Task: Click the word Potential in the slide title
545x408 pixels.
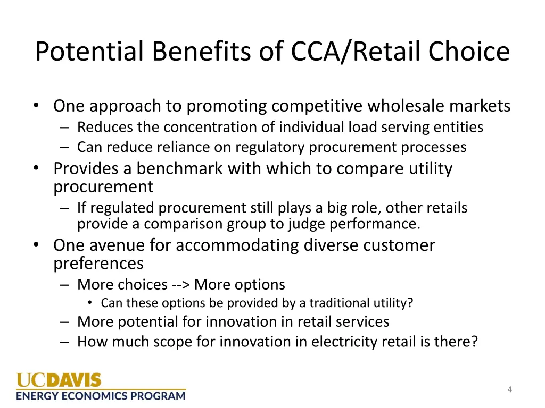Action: tap(90, 52)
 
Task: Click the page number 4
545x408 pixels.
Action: tap(510, 390)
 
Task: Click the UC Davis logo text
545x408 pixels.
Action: tap(59, 380)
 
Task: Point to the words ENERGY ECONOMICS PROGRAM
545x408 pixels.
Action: tap(101, 396)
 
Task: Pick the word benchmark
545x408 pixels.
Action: tap(180, 168)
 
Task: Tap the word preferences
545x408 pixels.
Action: tap(98, 263)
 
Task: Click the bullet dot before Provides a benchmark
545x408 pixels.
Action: tap(36, 168)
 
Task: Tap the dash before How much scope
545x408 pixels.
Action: tap(65, 341)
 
